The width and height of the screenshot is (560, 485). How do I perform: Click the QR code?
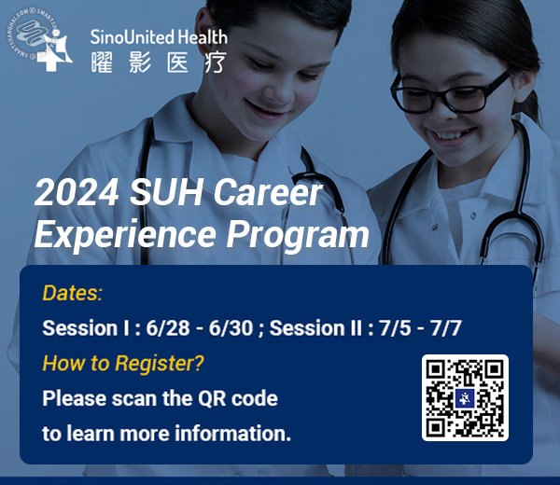pos(465,396)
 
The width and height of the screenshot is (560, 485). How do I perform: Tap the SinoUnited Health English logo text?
pos(158,37)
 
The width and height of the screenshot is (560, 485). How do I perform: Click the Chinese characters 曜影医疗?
pos(157,62)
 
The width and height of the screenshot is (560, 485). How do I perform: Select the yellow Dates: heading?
pos(72,294)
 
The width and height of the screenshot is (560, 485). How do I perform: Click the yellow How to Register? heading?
pos(123,363)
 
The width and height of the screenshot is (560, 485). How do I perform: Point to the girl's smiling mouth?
pos(455,132)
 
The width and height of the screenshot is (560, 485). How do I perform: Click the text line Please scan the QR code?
pos(160,398)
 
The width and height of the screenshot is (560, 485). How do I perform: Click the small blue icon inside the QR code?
pos(465,397)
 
